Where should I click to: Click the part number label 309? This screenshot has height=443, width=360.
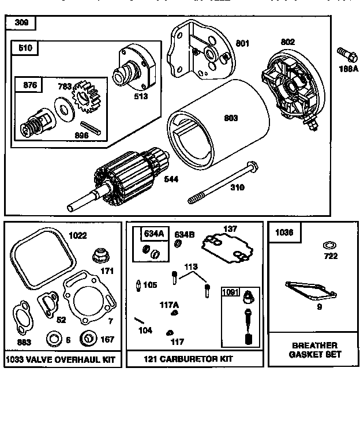(21, 23)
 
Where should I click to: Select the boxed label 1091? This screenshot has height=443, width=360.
(231, 292)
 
